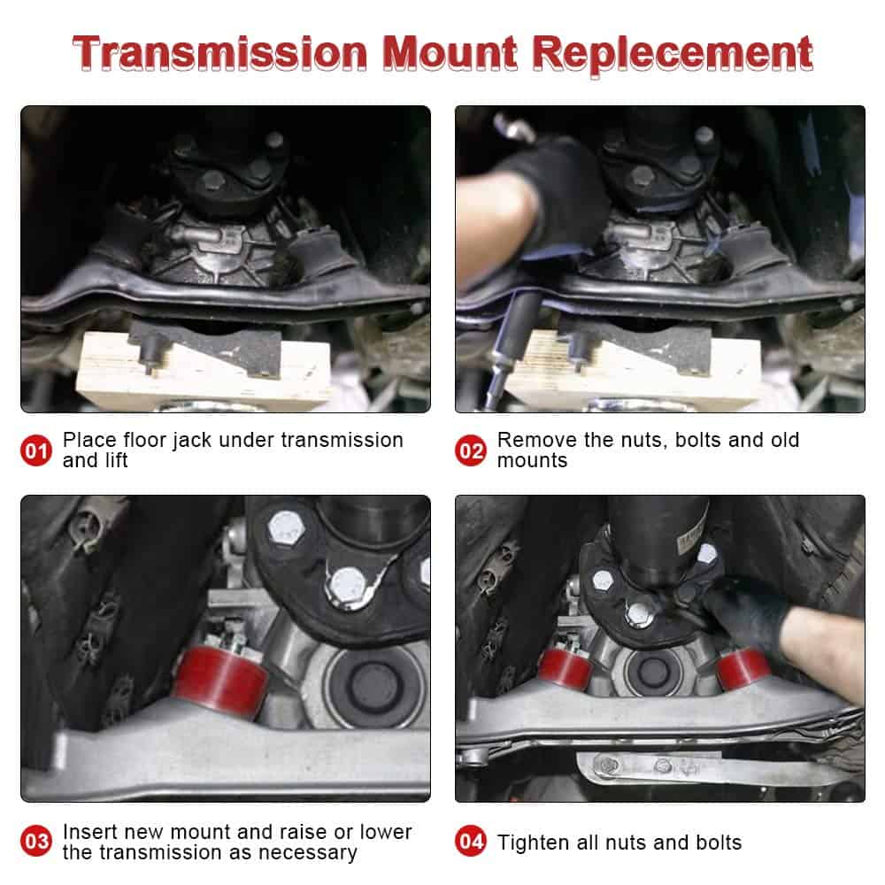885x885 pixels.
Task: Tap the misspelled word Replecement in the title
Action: [x=674, y=55]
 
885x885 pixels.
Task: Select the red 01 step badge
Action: [x=36, y=450]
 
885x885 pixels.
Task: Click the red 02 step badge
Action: [x=471, y=450]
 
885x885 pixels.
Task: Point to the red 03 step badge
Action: [x=36, y=842]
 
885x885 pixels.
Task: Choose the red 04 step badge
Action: [x=471, y=842]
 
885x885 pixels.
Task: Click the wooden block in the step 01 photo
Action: [x=204, y=367]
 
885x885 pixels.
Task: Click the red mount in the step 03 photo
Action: [x=216, y=680]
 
